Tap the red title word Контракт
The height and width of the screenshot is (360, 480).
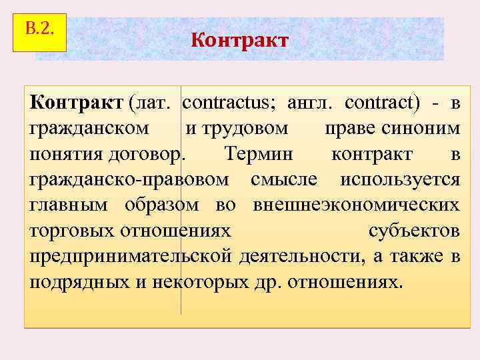(239, 41)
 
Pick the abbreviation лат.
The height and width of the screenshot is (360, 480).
(153, 103)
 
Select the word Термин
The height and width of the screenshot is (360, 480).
(258, 154)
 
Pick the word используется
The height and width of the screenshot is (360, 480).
(400, 179)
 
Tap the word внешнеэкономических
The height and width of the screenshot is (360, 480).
(356, 205)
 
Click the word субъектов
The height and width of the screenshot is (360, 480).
(413, 231)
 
